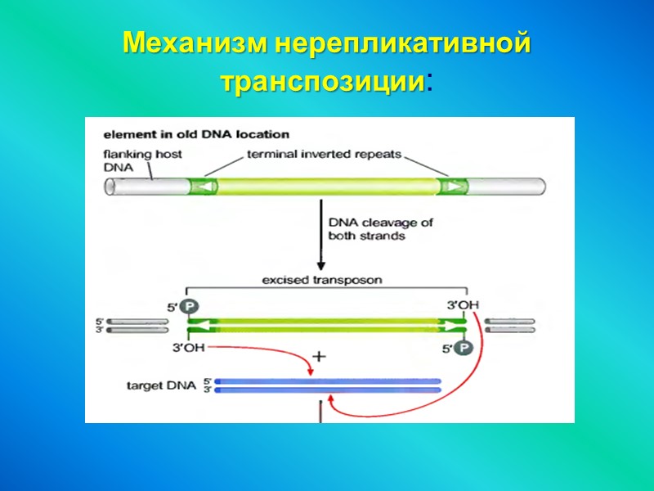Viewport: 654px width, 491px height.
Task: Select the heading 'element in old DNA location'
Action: (195, 134)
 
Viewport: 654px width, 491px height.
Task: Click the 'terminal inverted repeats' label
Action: (325, 153)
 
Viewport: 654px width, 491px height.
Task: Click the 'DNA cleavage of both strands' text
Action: (380, 229)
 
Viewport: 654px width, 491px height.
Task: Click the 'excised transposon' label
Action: (321, 280)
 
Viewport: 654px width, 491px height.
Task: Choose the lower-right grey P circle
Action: (464, 347)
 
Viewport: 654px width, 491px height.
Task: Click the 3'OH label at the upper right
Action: (463, 305)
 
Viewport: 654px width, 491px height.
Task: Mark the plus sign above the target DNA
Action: (320, 358)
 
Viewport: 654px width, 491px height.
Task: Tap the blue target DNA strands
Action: (327, 385)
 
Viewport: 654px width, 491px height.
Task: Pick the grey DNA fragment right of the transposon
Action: (510, 326)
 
